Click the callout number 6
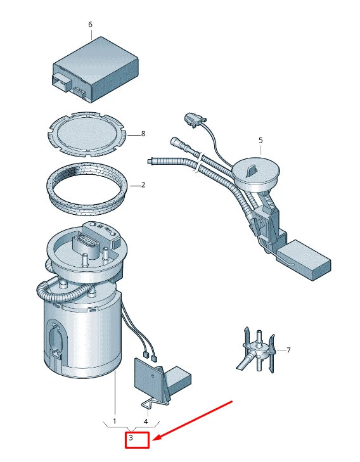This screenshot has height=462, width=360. tap(90, 25)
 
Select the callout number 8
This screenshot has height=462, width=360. tap(143, 134)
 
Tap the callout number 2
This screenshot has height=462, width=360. tap(143, 185)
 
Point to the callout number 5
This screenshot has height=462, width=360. tap(260, 140)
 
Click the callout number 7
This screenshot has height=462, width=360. tap(288, 350)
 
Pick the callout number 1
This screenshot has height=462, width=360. tap(114, 421)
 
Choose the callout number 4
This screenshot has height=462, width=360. tap(146, 421)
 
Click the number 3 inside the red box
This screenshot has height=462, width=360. tap(131, 437)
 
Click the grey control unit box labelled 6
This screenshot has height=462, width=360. tap(96, 70)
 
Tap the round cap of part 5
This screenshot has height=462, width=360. tap(255, 174)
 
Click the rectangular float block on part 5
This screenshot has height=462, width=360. tap(304, 259)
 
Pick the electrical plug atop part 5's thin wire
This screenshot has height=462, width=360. tap(195, 120)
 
